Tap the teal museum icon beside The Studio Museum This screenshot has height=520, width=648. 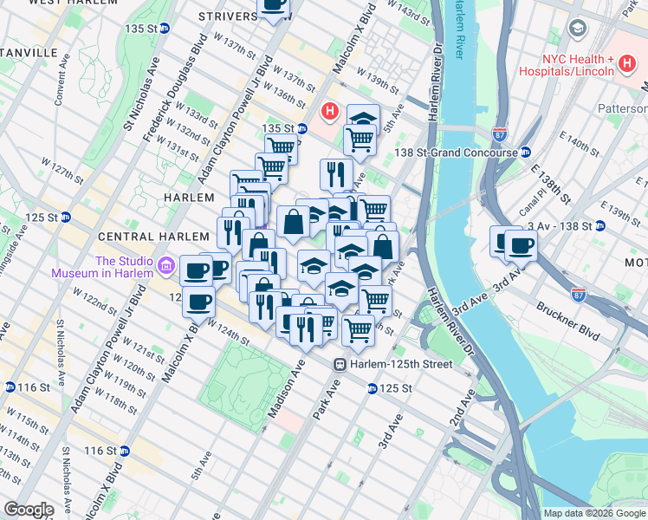pos(165,266)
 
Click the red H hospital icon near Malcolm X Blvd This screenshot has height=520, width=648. pos(330,111)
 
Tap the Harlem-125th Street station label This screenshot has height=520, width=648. pos(401,364)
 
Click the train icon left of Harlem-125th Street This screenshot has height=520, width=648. pos(341,364)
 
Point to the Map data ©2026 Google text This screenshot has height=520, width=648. pos(594,512)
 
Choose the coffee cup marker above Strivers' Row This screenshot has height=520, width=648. pos(275,5)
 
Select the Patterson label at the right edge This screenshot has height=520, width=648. pos(623,108)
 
